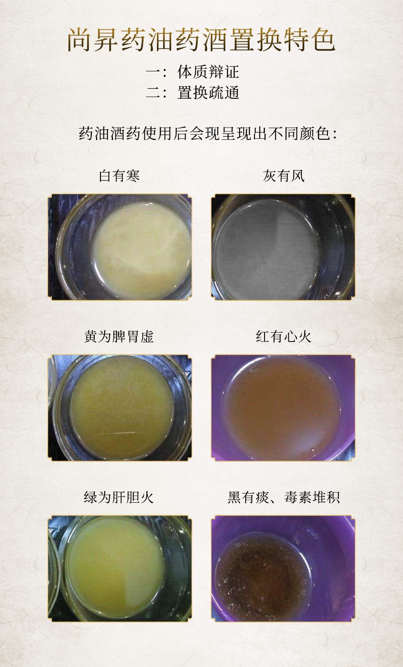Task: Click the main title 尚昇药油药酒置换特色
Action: [x=201, y=40]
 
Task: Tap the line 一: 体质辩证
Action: [x=192, y=72]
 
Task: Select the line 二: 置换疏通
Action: [x=192, y=93]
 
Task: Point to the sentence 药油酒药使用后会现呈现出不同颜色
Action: [x=207, y=134]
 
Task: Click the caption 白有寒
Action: [x=119, y=176]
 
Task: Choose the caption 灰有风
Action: [x=284, y=176]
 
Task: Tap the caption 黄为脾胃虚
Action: [x=119, y=336]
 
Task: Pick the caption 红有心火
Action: [x=284, y=336]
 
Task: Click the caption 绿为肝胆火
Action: [x=119, y=497]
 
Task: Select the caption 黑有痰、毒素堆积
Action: [x=284, y=497]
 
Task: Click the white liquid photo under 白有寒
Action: [x=119, y=247]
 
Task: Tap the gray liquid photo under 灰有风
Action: [x=283, y=247]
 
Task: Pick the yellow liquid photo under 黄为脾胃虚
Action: [x=119, y=408]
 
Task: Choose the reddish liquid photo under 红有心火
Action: [x=283, y=408]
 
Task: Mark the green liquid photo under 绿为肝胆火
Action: [x=119, y=569]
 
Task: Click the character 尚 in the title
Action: [x=80, y=40]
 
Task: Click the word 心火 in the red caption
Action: [x=298, y=336]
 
